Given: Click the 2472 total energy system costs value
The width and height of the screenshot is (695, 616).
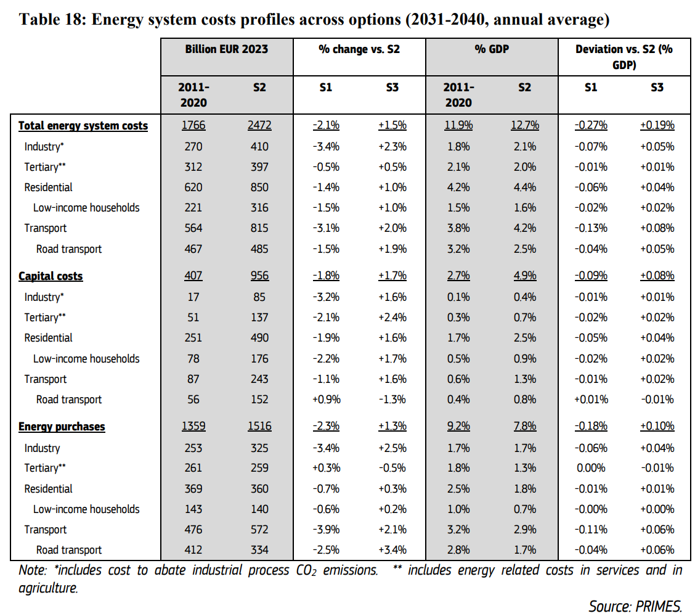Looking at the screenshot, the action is [259, 125].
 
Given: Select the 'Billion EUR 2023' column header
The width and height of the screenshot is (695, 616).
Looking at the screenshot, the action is [227, 49].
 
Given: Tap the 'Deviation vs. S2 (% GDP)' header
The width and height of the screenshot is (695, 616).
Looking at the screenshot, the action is [624, 57].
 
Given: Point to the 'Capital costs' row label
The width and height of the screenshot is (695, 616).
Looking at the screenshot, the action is [51, 276].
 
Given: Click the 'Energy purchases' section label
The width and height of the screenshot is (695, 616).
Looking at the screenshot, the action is [62, 426].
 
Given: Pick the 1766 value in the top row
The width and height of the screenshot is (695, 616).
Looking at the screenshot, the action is [193, 125].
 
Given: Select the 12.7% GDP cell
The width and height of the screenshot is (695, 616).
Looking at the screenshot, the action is [525, 125].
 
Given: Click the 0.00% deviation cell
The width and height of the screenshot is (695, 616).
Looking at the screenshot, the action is [591, 468].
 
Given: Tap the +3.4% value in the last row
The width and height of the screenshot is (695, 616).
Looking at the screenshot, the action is [392, 550].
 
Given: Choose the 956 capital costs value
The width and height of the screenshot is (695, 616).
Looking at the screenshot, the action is [259, 276].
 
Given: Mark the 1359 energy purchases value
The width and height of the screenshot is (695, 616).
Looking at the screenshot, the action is [193, 425].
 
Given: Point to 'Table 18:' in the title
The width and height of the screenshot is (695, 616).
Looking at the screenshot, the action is [52, 20].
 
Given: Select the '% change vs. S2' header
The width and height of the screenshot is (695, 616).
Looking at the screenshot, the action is [359, 49].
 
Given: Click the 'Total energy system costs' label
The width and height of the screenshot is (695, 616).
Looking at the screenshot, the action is [83, 126].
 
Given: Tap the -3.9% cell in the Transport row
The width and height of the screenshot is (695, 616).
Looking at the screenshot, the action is [326, 530].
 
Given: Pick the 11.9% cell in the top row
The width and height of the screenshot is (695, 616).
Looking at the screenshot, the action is [458, 125].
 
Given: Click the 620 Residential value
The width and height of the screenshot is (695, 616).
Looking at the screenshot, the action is [193, 187].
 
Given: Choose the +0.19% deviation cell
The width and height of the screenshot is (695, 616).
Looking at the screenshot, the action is [657, 125].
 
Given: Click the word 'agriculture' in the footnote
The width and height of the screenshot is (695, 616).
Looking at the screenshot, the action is [48, 588].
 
